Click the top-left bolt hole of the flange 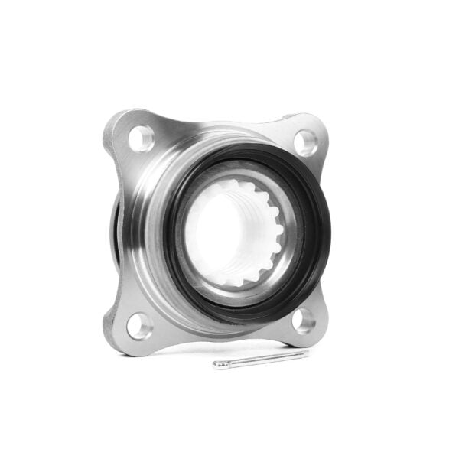pyautogui.click(x=142, y=138)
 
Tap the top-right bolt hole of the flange pyautogui.click(x=305, y=140)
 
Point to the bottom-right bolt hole pyautogui.click(x=304, y=321)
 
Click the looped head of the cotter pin pyautogui.click(x=222, y=364)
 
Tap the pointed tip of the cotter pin pyautogui.click(x=308, y=353)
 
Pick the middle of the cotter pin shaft pyautogui.click(x=264, y=359)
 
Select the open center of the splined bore pyautogui.click(x=229, y=233)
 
